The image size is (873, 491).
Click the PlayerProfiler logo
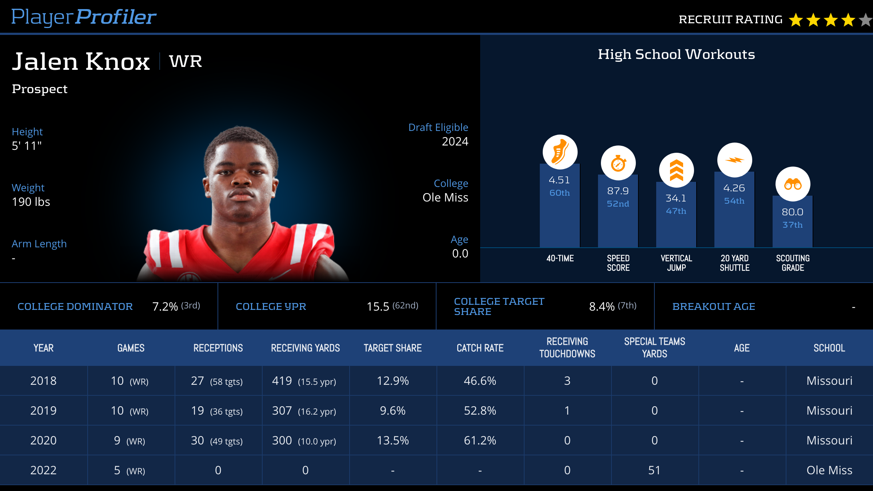pyautogui.click(x=84, y=17)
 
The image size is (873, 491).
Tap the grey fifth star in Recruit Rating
pyautogui.click(x=866, y=20)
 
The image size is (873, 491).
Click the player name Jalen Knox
pyautogui.click(x=81, y=61)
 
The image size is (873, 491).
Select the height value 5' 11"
pyautogui.click(x=27, y=146)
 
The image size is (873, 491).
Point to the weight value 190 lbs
pyautogui.click(x=31, y=202)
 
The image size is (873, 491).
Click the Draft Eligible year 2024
pyautogui.click(x=455, y=141)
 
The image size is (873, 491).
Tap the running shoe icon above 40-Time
pyautogui.click(x=560, y=152)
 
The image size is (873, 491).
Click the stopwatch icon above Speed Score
pyautogui.click(x=618, y=163)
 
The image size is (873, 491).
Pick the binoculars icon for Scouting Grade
pyautogui.click(x=793, y=184)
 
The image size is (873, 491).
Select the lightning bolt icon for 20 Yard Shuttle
pyautogui.click(x=734, y=160)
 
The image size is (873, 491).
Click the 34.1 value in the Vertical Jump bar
pyautogui.click(x=676, y=198)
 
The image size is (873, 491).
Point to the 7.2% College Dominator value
pyautogui.click(x=165, y=307)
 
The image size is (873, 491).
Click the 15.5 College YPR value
pyautogui.click(x=378, y=307)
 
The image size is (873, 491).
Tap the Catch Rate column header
pyautogui.click(x=480, y=348)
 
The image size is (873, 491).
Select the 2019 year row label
pyautogui.click(x=43, y=411)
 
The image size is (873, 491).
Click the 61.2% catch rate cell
pyautogui.click(x=480, y=440)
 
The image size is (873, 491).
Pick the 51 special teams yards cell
pyautogui.click(x=654, y=470)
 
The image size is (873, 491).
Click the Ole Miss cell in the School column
pyautogui.click(x=829, y=470)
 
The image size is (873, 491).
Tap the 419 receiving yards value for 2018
pyautogui.click(x=282, y=381)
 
